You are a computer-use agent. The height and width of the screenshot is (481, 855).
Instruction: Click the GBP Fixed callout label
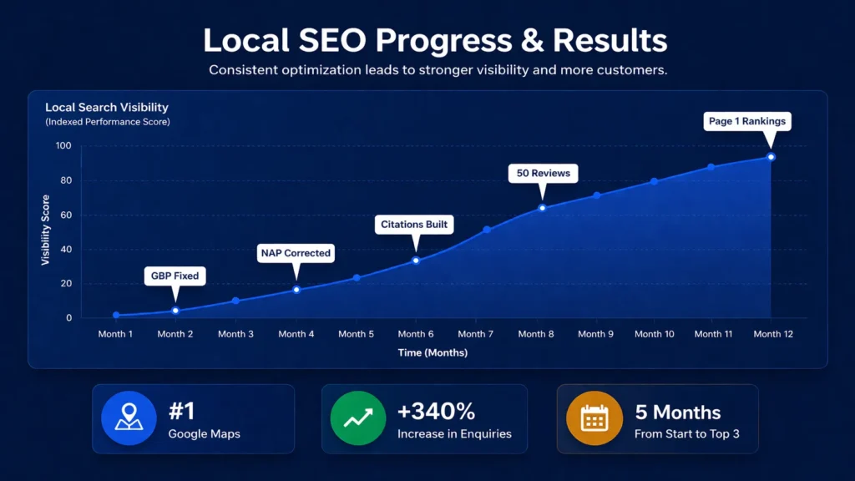tap(175, 276)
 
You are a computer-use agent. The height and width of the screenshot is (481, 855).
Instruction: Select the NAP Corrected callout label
tap(295, 253)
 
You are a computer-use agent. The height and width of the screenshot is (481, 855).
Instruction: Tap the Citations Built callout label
tap(415, 224)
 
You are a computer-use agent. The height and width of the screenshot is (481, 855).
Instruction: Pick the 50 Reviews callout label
tap(543, 173)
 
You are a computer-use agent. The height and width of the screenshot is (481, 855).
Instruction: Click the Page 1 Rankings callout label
tap(747, 121)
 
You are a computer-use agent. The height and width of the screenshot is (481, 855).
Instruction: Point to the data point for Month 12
tap(771, 157)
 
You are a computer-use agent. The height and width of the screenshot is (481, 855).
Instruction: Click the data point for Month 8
tap(542, 208)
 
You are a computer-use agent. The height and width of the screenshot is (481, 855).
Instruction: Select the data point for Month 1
tap(116, 316)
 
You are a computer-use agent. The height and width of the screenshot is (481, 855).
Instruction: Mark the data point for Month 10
tap(654, 181)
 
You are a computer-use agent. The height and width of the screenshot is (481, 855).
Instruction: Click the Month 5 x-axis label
tap(356, 334)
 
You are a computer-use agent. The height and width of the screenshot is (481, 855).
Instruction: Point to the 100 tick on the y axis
tap(63, 146)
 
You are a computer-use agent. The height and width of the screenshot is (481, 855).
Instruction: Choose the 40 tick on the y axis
tap(65, 250)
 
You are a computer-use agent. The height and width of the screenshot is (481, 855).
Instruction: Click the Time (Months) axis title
tap(432, 353)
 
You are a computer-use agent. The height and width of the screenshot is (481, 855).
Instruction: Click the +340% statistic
tap(436, 411)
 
